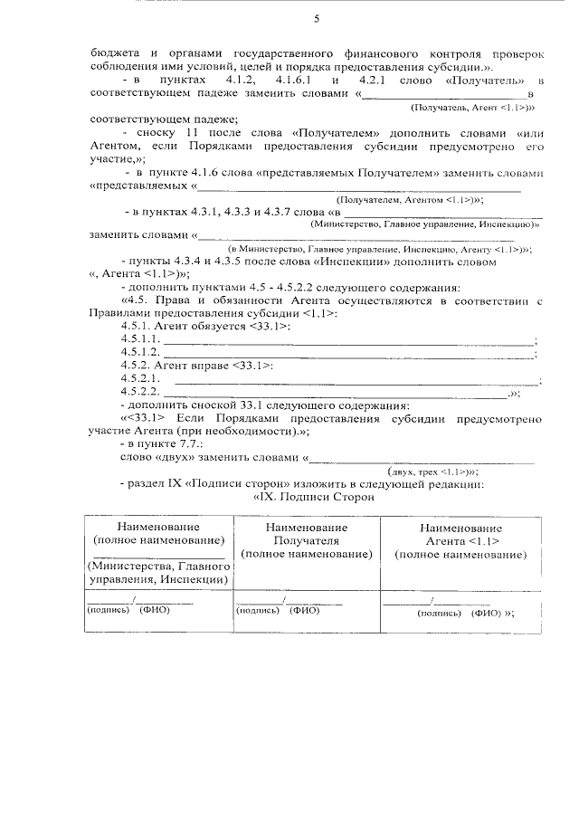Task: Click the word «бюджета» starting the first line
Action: click(115, 52)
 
